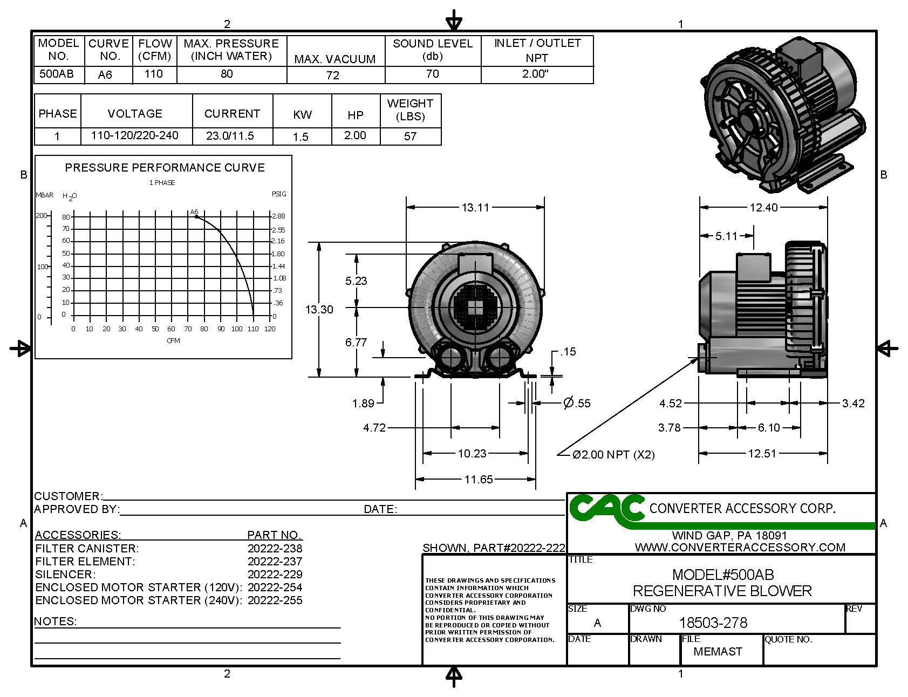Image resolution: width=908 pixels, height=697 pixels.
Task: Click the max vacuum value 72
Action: click(332, 76)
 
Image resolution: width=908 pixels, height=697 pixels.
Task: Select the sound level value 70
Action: click(432, 74)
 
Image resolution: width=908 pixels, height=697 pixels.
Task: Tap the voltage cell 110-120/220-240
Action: click(134, 135)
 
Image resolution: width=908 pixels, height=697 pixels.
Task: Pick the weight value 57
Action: click(410, 136)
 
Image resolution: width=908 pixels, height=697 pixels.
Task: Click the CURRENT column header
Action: click(232, 114)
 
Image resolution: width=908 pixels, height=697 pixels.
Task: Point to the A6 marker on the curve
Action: click(196, 216)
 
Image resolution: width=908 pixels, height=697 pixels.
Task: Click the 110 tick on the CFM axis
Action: click(254, 329)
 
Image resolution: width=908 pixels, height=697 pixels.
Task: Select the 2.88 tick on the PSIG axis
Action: click(278, 216)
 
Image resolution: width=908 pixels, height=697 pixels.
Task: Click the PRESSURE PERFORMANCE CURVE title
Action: click(165, 168)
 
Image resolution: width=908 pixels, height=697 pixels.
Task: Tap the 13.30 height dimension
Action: click(319, 310)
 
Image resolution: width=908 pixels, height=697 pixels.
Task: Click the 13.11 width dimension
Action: click(475, 207)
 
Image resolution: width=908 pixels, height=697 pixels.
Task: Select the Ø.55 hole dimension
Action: click(577, 403)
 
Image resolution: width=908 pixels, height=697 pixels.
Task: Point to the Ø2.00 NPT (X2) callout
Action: click(613, 455)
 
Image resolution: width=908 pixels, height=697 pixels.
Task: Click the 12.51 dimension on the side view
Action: click(762, 454)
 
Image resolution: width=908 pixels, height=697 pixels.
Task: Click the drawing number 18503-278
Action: click(713, 623)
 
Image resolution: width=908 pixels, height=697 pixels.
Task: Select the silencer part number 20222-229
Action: click(275, 575)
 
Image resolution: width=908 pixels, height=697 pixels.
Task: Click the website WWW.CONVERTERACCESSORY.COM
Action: click(740, 548)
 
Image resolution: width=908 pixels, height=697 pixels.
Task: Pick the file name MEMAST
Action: click(718, 652)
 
